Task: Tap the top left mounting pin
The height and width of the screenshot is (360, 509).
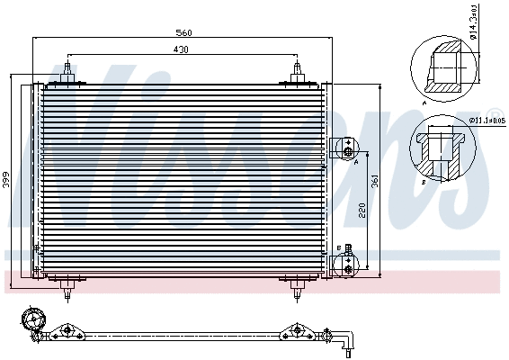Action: [68, 74]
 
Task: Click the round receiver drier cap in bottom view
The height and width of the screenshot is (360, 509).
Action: [33, 319]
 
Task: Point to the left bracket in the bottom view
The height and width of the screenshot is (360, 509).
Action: [64, 332]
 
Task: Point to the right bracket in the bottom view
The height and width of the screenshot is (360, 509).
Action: [293, 332]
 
